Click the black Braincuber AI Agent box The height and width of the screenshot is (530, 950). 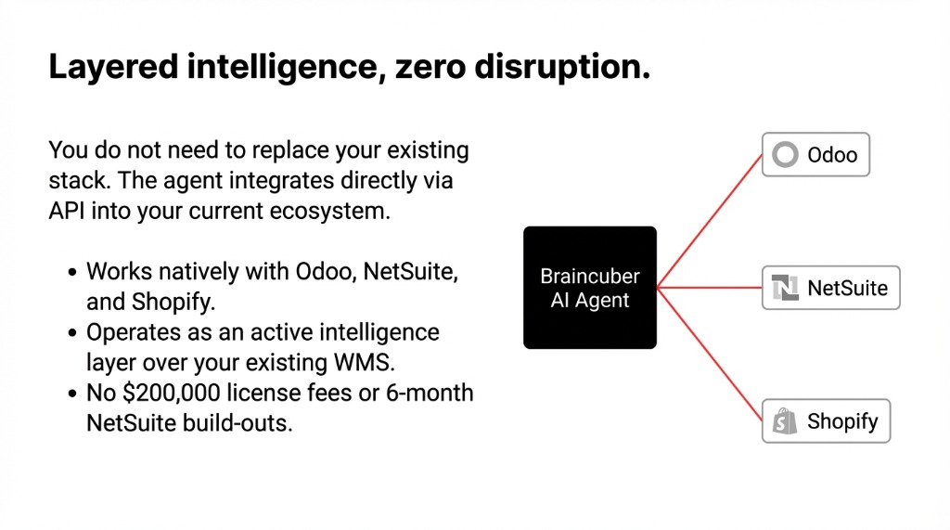click(590, 288)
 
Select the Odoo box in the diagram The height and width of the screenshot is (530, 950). click(815, 154)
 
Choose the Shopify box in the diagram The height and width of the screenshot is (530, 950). click(826, 421)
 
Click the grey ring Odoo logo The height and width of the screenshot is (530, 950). click(786, 154)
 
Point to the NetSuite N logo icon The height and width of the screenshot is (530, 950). click(785, 289)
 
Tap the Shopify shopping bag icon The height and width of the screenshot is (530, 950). click(785, 422)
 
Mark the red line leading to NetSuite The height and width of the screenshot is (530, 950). click(710, 288)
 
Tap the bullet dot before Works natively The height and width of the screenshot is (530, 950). click(73, 273)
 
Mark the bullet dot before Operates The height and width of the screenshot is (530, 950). click(73, 333)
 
